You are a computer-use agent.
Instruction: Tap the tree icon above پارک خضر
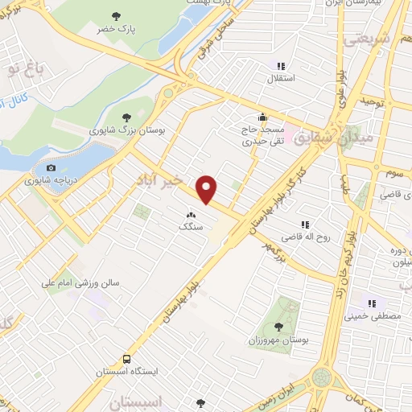point(117,15)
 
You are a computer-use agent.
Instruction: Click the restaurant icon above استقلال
point(281,66)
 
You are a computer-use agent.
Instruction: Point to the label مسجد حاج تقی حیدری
point(262,134)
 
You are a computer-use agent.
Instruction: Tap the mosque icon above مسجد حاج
point(262,115)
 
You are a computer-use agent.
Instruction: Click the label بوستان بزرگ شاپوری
point(126,129)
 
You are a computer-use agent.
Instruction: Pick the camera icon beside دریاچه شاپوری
point(51,168)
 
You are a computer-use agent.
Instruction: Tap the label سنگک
point(192,228)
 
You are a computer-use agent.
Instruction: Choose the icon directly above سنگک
point(192,215)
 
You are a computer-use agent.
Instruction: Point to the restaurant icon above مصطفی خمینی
point(372,303)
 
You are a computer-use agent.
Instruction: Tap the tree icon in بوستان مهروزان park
point(278,326)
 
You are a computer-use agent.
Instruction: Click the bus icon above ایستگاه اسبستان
point(126,359)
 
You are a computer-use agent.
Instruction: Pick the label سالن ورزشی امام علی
point(81,283)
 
